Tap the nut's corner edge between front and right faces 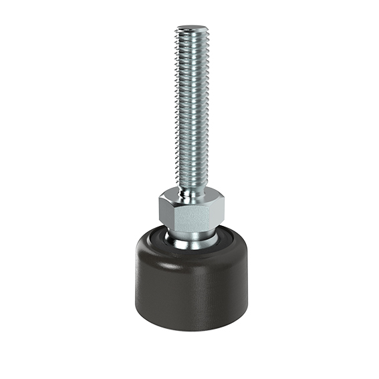[x=214, y=215]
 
